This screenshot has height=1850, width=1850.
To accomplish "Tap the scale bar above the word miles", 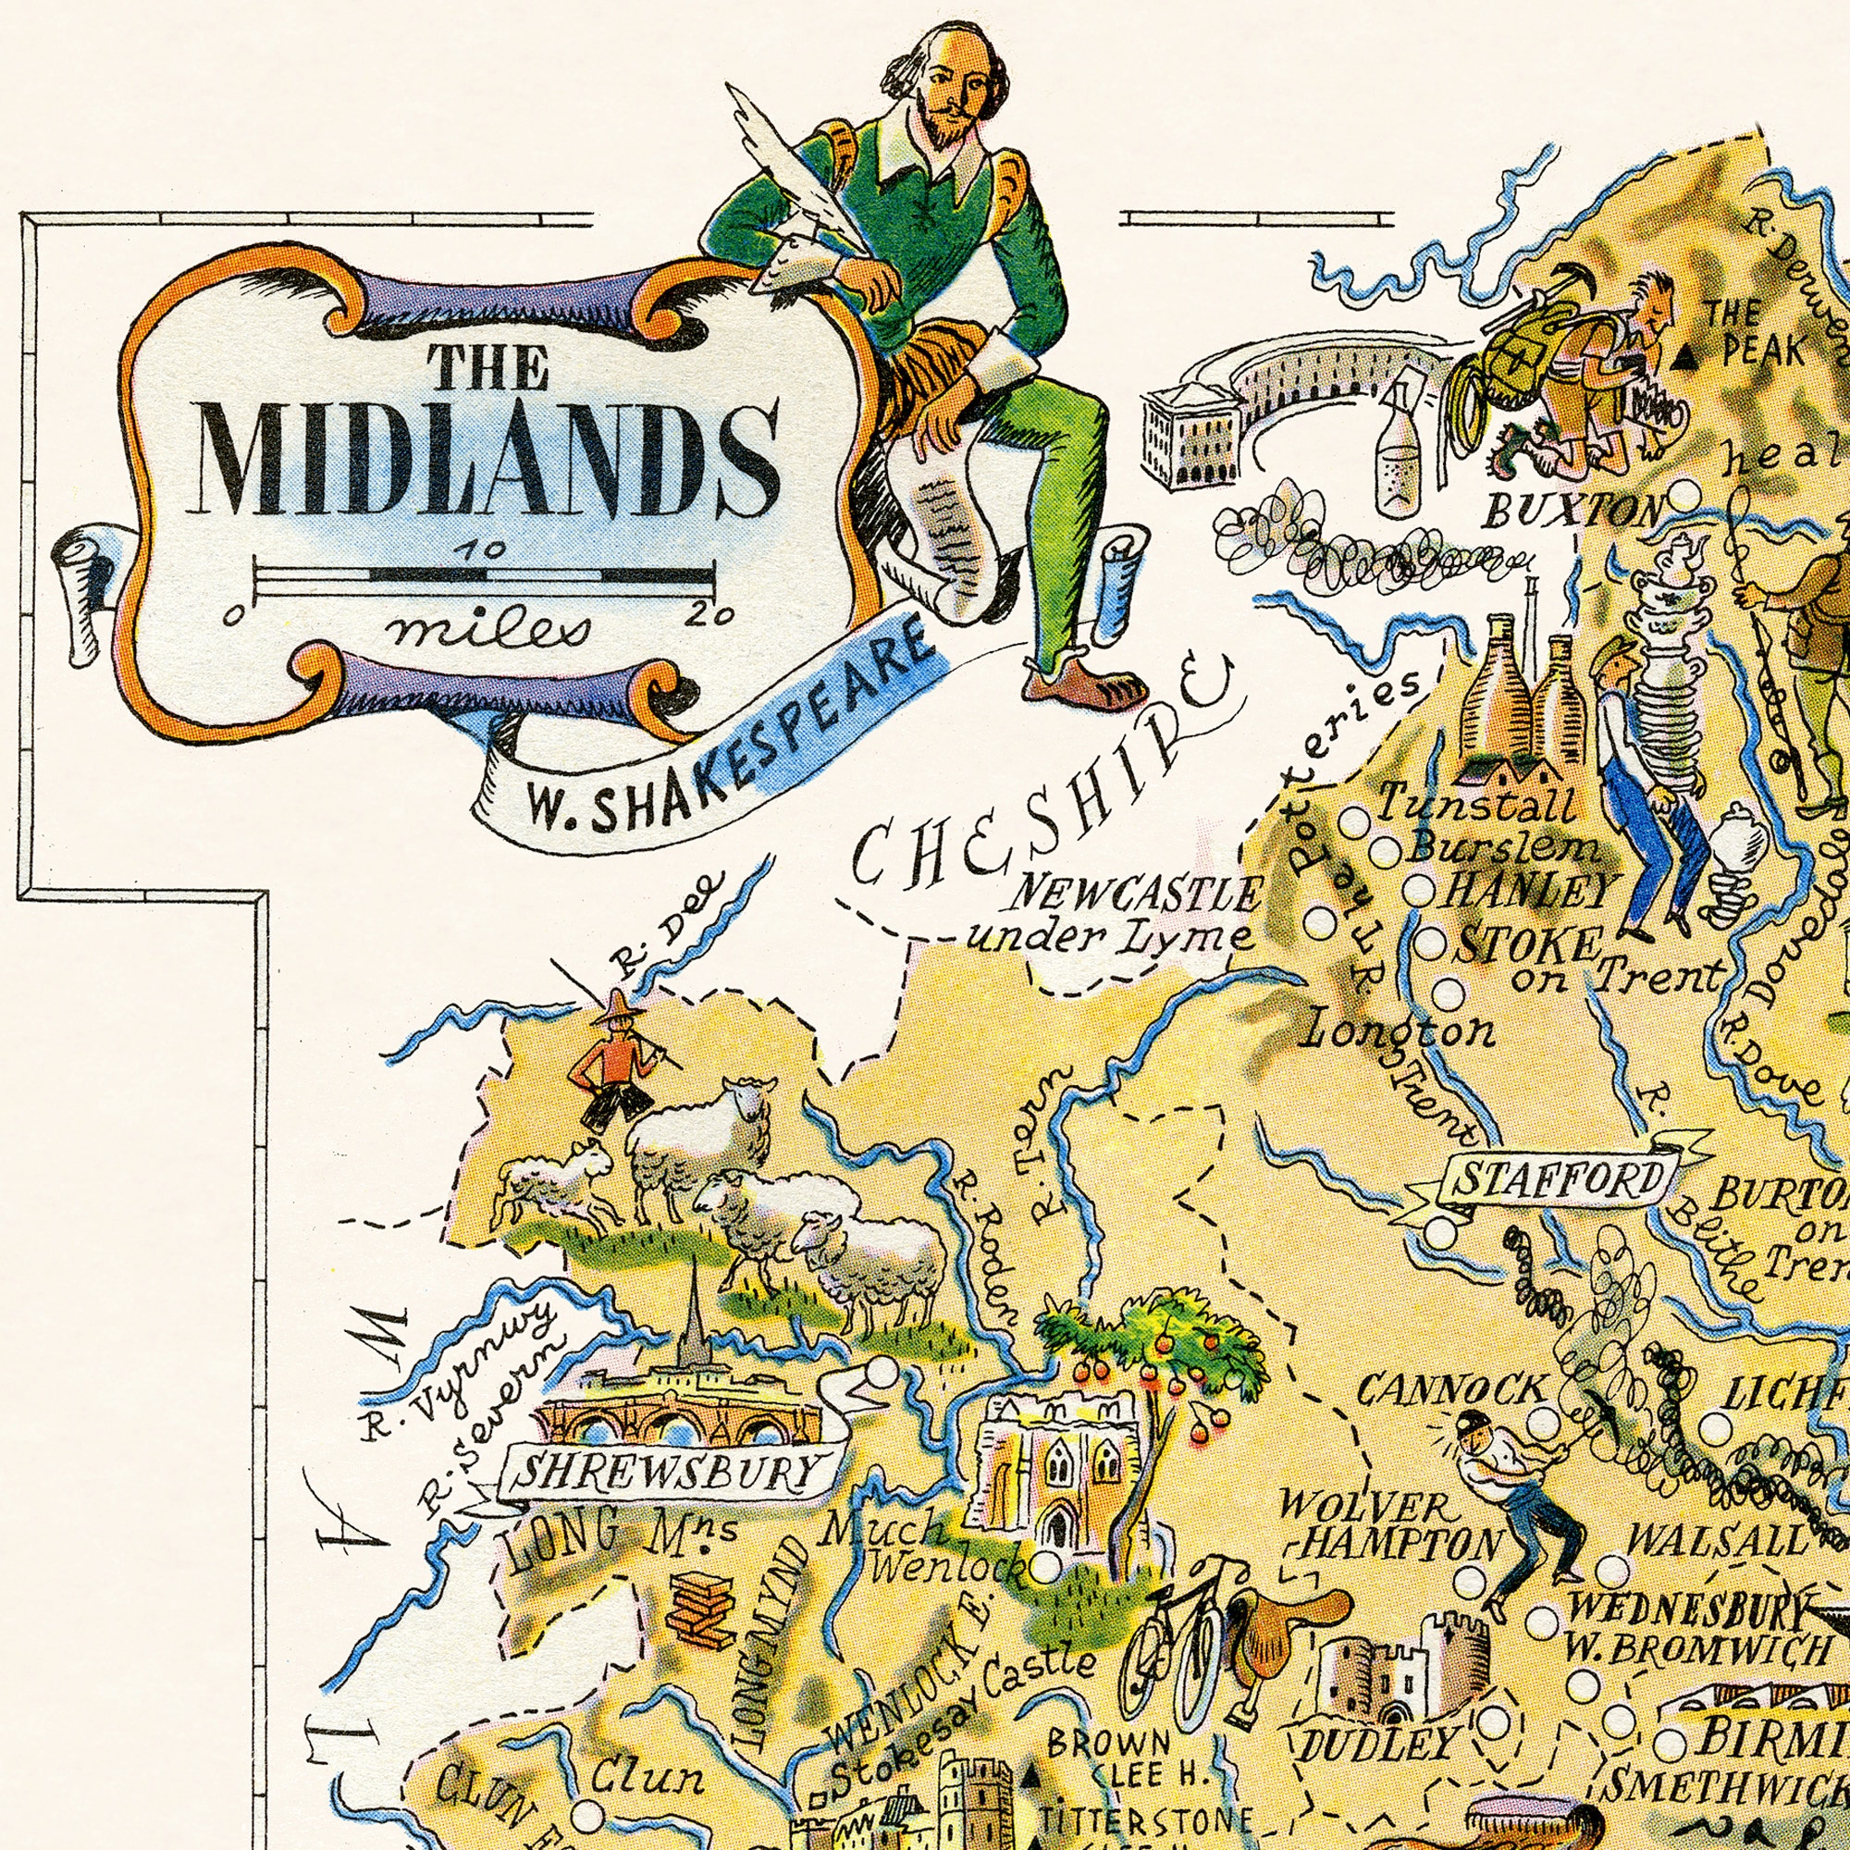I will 485,575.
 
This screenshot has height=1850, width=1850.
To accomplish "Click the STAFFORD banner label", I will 1560,1180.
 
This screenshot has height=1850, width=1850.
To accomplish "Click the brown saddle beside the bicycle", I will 1288,1628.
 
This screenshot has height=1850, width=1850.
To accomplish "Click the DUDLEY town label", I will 1379,1744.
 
